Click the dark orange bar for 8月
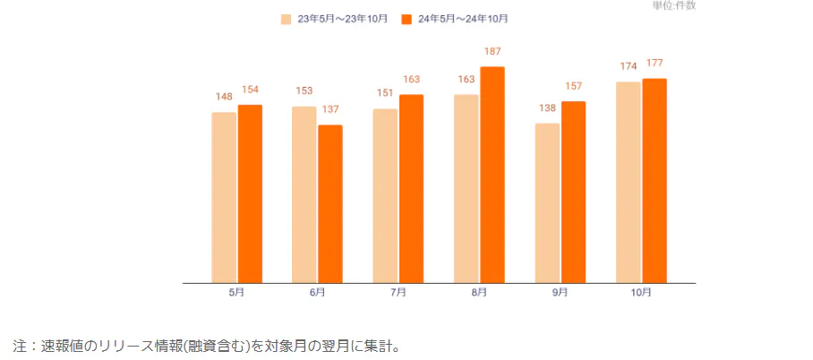(492, 175)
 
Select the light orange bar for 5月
(224, 197)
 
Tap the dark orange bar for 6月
(330, 203)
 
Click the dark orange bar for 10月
(655, 180)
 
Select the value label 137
(330, 109)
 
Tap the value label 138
(547, 108)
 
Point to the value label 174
(629, 67)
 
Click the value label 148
(224, 98)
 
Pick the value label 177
(655, 64)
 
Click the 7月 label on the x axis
(398, 293)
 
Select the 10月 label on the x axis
(641, 293)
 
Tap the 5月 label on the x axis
(236, 293)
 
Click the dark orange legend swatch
(406, 19)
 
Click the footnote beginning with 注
(205, 345)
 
